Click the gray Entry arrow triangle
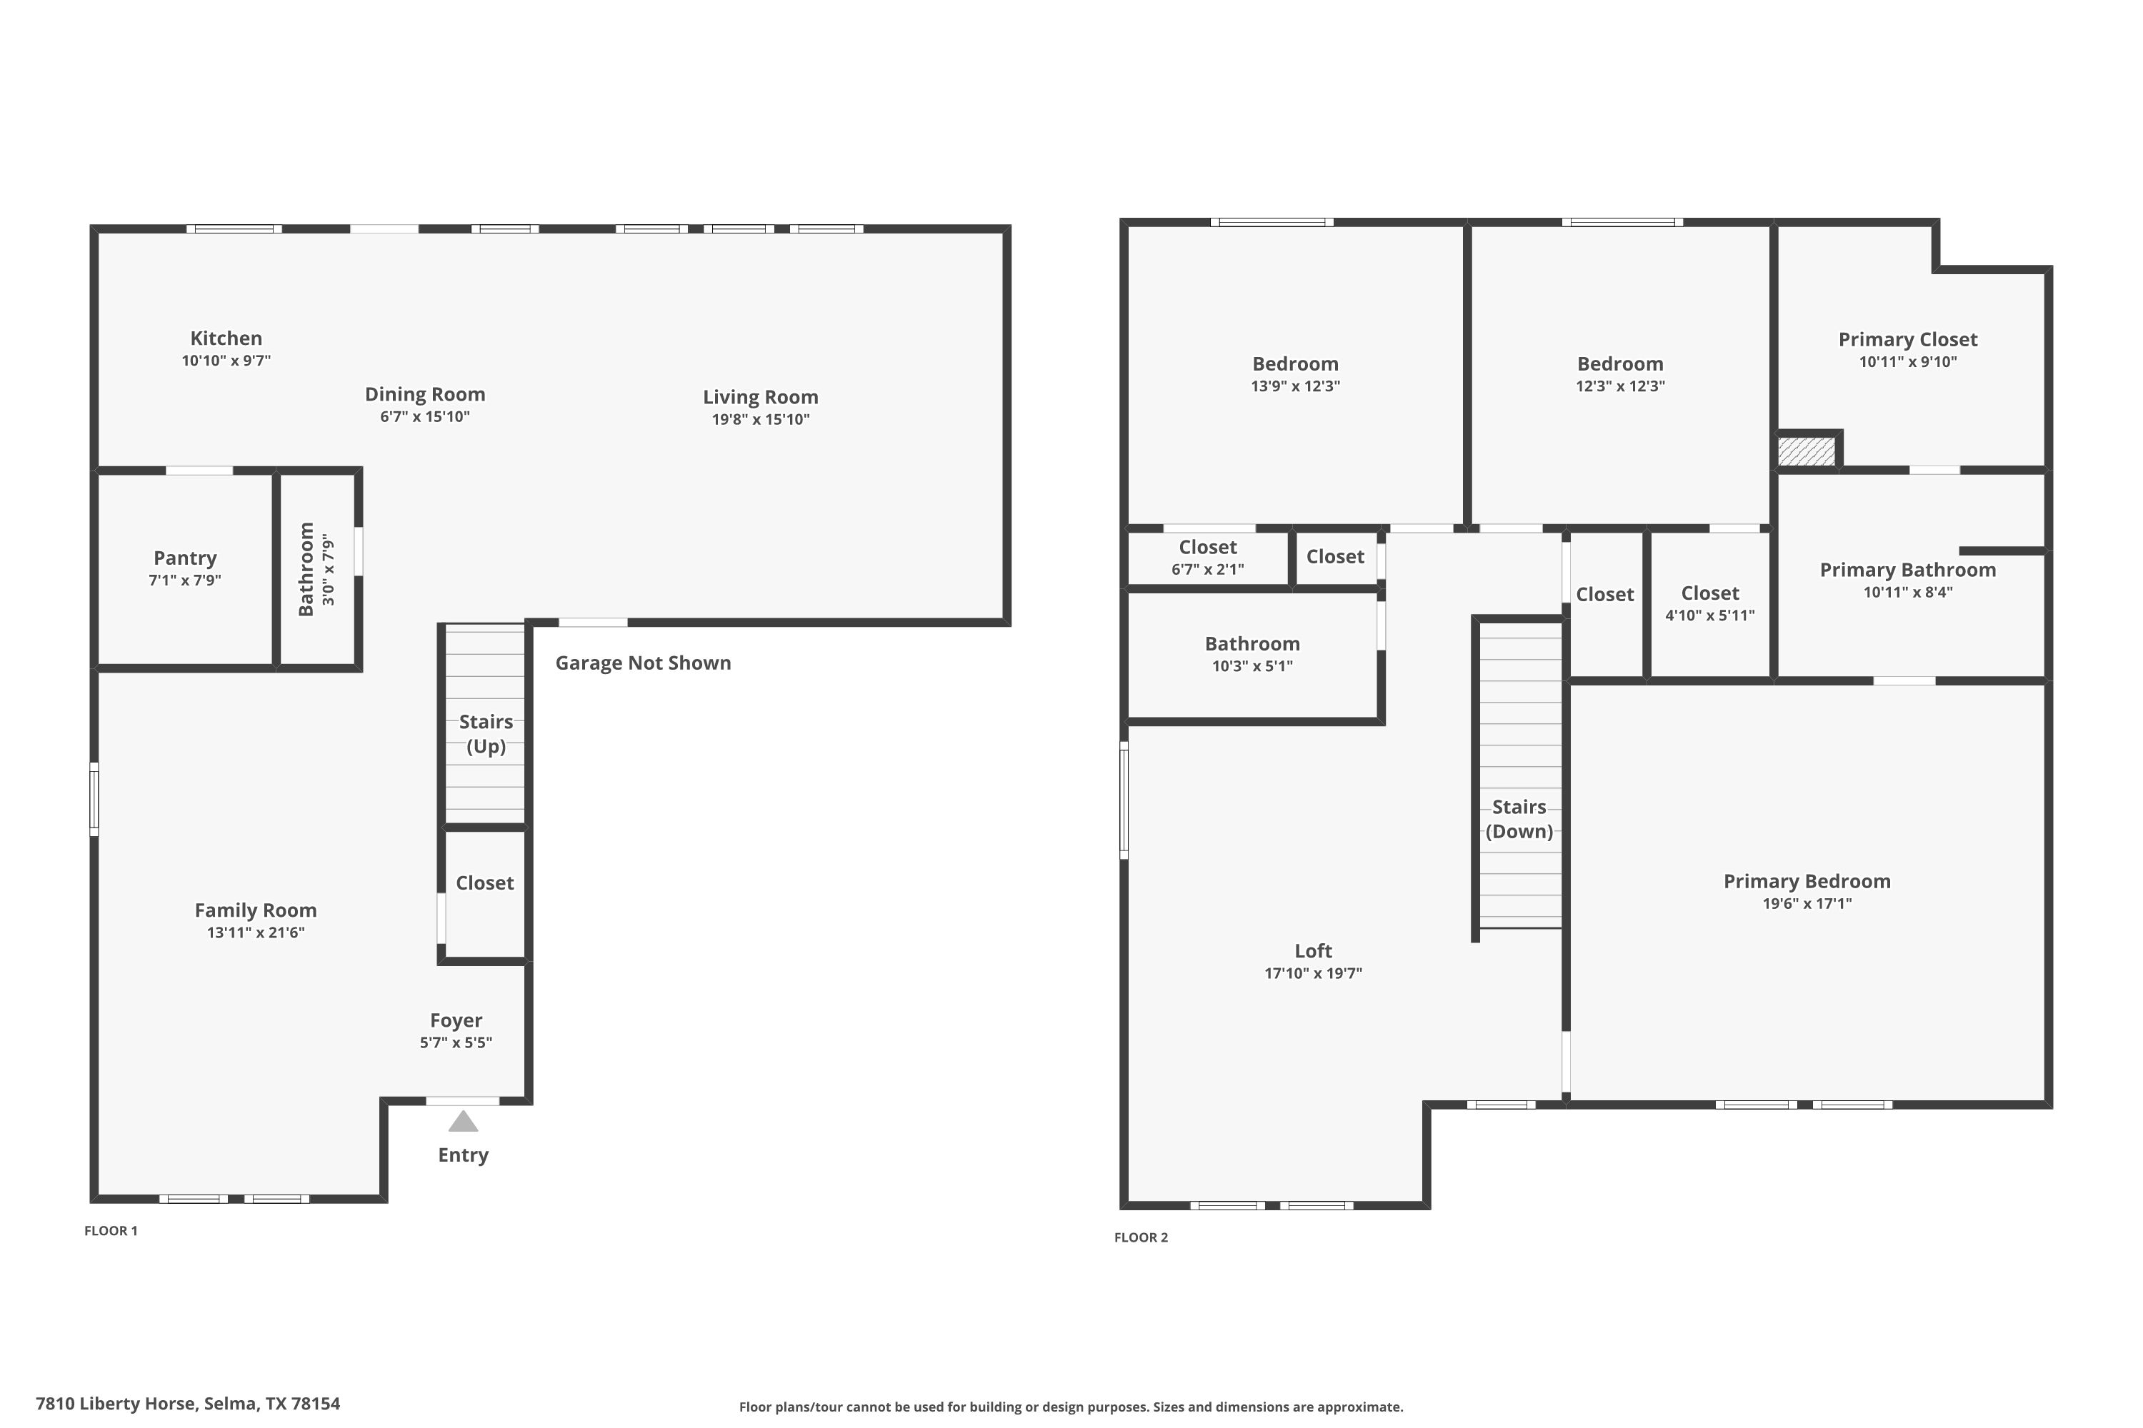pos(463,1121)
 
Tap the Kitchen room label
pos(226,338)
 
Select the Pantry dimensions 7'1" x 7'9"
pos(185,580)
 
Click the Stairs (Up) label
pos(486,734)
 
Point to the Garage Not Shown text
pos(644,663)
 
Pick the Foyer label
pos(456,1021)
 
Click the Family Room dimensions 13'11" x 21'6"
pos(255,932)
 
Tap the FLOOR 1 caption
pos(111,1230)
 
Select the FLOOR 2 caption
pos(1141,1237)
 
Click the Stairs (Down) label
pos(1519,819)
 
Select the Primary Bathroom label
pos(1908,570)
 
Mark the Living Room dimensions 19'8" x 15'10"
pos(761,420)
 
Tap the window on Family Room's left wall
pos(94,799)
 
